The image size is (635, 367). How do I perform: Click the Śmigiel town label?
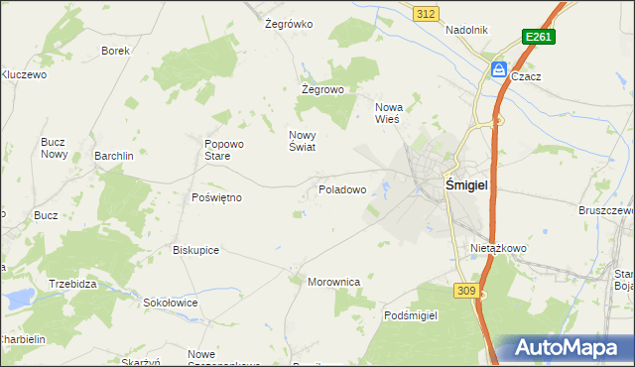click(x=471, y=184)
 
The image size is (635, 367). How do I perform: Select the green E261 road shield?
click(x=538, y=37)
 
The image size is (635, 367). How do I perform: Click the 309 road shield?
click(x=467, y=290)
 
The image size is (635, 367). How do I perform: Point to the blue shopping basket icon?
click(x=498, y=69)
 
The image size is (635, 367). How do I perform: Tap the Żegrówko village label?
click(x=289, y=24)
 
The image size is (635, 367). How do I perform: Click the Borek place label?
click(x=116, y=50)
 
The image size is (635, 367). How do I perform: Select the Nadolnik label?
click(x=466, y=30)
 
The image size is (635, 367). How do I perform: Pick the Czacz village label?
click(x=526, y=75)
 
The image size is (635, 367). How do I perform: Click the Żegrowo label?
click(x=322, y=89)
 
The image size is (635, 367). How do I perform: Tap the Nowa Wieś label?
click(x=387, y=112)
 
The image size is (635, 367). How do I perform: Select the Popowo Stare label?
click(x=217, y=149)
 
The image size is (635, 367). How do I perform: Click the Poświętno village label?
click(x=216, y=197)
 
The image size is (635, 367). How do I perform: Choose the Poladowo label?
click(x=342, y=188)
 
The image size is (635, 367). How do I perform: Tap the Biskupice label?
click(x=195, y=250)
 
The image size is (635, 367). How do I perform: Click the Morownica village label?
click(x=333, y=282)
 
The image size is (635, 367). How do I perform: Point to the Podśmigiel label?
click(x=411, y=314)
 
